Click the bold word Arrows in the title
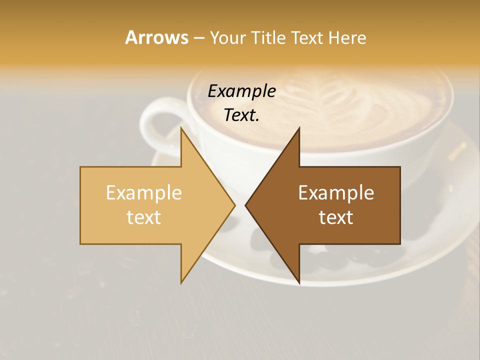pos(156,37)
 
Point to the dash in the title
pos(198,38)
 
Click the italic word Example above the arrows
pos(241,91)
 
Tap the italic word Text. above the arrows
pos(241,115)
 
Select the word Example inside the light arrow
pos(144,193)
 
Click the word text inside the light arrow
pos(144,217)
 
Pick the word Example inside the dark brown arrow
pos(336,193)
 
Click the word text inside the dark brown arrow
pos(336,217)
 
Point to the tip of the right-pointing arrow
pos(234,205)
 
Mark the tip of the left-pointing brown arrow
pos(246,205)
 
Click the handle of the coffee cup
pos(155,120)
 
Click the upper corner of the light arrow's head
pos(181,128)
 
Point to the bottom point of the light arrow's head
pos(181,282)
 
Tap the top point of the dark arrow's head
pos(299,128)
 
